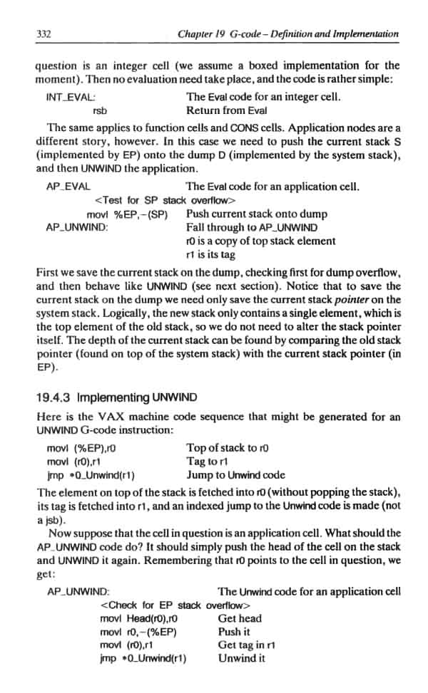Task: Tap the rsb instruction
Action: [x=101, y=110]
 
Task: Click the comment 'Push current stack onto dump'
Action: [x=256, y=214]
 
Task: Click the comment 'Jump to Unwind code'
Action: [x=235, y=475]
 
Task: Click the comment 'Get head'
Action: [x=240, y=619]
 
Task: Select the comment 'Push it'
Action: [x=234, y=632]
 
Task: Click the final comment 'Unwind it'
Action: [x=242, y=658]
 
